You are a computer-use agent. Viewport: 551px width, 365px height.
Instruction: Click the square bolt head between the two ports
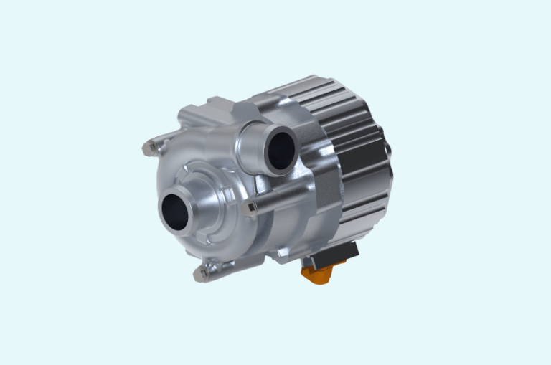251,208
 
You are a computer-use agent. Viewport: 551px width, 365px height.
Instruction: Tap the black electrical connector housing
337,254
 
